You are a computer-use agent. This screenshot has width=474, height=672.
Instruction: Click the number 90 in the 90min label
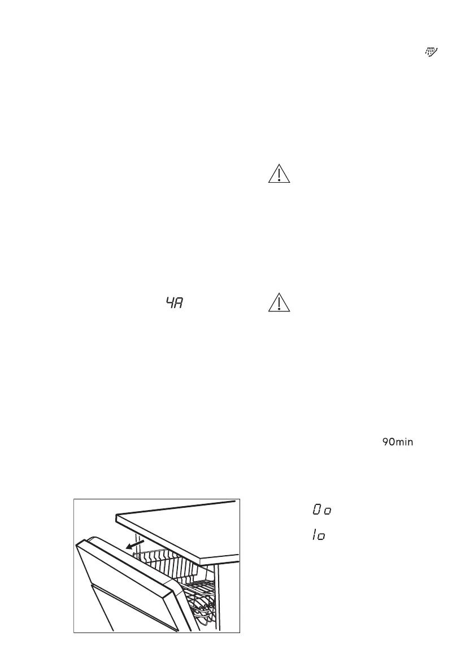[388, 442]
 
